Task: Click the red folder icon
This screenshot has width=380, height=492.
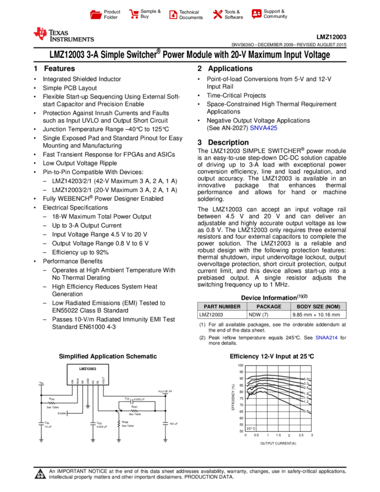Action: coord(96,14)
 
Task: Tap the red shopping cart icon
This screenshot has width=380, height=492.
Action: coord(134,14)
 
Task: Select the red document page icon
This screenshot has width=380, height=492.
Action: coord(173,14)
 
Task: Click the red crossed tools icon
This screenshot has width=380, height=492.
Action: coord(217,14)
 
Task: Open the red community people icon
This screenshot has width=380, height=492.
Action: coord(256,14)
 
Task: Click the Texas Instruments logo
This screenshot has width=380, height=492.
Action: coord(63,35)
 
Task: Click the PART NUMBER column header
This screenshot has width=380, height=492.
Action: coord(222,307)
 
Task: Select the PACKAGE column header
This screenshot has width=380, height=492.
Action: coord(269,307)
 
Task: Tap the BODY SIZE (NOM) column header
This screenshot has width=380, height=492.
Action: coord(318,307)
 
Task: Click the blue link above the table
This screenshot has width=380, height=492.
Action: coord(263,128)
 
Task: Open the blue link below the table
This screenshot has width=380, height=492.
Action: coord(326,337)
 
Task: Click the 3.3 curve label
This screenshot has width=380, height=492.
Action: coord(306,383)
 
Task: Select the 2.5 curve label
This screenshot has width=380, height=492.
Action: coord(306,388)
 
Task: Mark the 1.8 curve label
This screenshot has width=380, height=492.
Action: coord(306,394)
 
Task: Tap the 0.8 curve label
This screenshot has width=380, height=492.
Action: coord(306,411)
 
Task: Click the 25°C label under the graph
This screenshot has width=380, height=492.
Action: coord(251,428)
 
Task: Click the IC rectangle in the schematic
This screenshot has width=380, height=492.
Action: coord(88,374)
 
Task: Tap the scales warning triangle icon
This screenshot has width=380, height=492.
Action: coord(40,475)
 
